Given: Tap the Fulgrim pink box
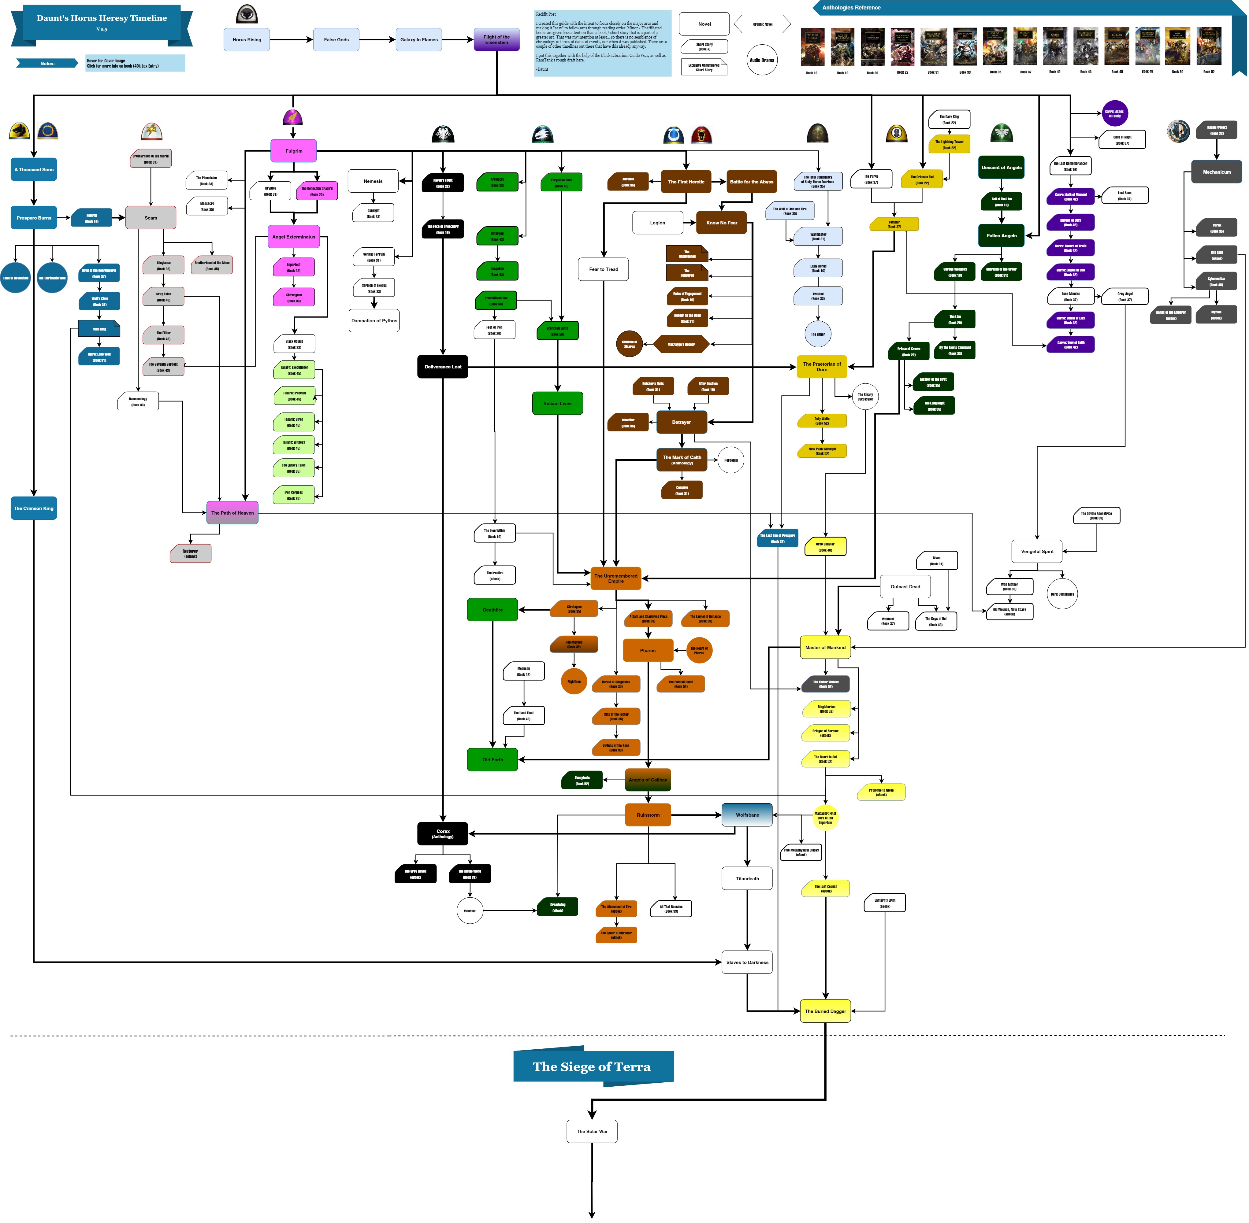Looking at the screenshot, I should (294, 151).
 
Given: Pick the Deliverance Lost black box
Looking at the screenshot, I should (443, 367).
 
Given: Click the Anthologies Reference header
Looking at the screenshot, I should (851, 8).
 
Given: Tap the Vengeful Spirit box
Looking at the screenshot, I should (1037, 551).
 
